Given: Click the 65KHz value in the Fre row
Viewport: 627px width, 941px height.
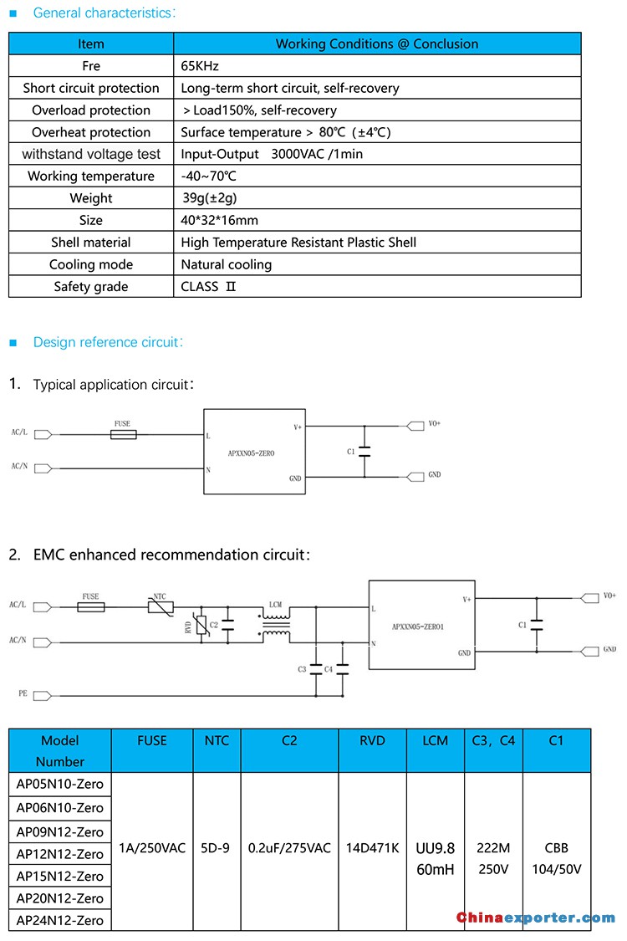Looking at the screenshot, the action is (200, 66).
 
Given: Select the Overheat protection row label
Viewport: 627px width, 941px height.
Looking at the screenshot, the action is (91, 132).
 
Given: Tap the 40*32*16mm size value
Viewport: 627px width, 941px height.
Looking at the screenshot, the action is (220, 220).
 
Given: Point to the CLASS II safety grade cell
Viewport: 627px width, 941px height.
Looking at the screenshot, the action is (208, 287).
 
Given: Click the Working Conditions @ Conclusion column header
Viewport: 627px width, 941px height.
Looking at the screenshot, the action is (377, 43).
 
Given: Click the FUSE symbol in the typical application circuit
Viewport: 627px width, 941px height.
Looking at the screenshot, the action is (124, 434).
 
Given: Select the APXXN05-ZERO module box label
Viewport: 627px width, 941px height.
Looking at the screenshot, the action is (251, 453).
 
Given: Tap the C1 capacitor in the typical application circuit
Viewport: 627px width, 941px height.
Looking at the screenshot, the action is (364, 452).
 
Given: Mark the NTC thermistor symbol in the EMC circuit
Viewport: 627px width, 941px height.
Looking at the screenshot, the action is (161, 606).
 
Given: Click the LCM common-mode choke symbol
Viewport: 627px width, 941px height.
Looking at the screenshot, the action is (275, 624).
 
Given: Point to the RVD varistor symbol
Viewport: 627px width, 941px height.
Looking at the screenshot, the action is (202, 626).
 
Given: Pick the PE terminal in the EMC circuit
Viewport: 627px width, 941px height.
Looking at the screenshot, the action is (42, 696).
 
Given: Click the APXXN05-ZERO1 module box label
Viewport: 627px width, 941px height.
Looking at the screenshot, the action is (418, 626).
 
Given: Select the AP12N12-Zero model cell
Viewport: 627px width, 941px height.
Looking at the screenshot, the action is (60, 854).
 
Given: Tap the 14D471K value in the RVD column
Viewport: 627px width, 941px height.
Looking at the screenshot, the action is (373, 848).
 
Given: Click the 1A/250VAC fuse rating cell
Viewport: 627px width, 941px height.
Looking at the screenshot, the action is (152, 848).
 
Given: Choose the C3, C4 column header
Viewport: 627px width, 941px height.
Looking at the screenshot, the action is (493, 740).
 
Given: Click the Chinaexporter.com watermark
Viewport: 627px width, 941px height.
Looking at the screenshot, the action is (536, 918).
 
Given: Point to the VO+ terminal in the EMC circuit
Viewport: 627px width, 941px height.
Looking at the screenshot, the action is (590, 598).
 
